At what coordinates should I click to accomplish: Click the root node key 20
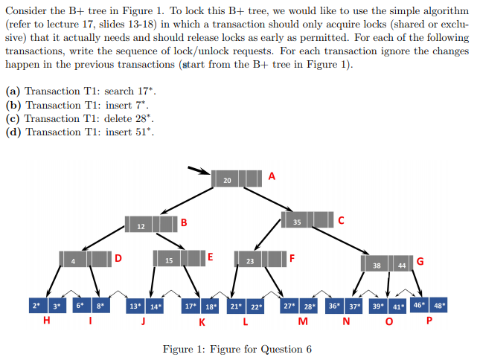227,181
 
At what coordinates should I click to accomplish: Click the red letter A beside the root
271,176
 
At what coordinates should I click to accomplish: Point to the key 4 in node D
74,261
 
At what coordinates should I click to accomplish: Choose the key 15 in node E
169,261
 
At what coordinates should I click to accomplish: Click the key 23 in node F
249,262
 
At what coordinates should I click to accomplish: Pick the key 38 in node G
377,266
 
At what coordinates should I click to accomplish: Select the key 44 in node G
401,266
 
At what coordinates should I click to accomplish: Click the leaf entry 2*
36,306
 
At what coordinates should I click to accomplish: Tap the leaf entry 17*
191,306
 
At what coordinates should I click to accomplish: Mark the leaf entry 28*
310,306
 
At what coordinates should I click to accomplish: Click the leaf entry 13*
135,306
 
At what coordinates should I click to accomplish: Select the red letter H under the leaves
47,321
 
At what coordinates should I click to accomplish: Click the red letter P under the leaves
429,322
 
